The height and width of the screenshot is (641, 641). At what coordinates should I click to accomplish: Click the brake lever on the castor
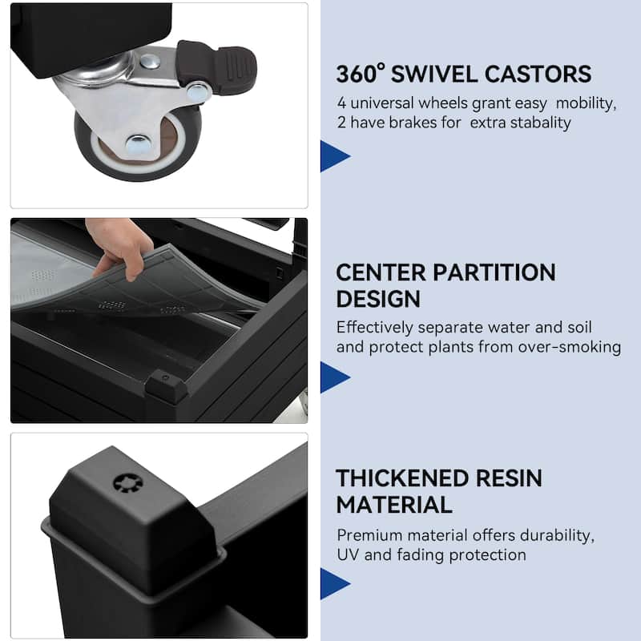coord(216,66)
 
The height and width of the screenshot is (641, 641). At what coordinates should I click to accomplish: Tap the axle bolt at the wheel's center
coord(138,144)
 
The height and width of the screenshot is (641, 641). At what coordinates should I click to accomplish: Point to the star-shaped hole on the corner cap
coord(128,484)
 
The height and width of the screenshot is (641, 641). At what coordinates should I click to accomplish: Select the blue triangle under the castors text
coord(333,156)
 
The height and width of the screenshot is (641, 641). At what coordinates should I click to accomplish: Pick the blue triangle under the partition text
coord(333,377)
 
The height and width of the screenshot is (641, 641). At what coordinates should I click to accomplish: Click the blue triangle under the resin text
coord(333,584)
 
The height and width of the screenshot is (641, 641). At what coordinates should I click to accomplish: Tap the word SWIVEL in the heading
coord(434,75)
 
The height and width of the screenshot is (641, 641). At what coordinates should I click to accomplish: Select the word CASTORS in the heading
coord(538,75)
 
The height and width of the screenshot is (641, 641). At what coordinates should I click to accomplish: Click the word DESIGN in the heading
coord(378,299)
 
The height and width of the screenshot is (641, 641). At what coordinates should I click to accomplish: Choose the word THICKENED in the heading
coord(401,478)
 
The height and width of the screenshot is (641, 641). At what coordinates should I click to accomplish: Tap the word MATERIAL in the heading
coord(394,505)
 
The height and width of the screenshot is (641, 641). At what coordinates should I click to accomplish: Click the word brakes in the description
coord(413,123)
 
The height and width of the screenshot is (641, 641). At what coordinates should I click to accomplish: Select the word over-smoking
coord(570,348)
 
